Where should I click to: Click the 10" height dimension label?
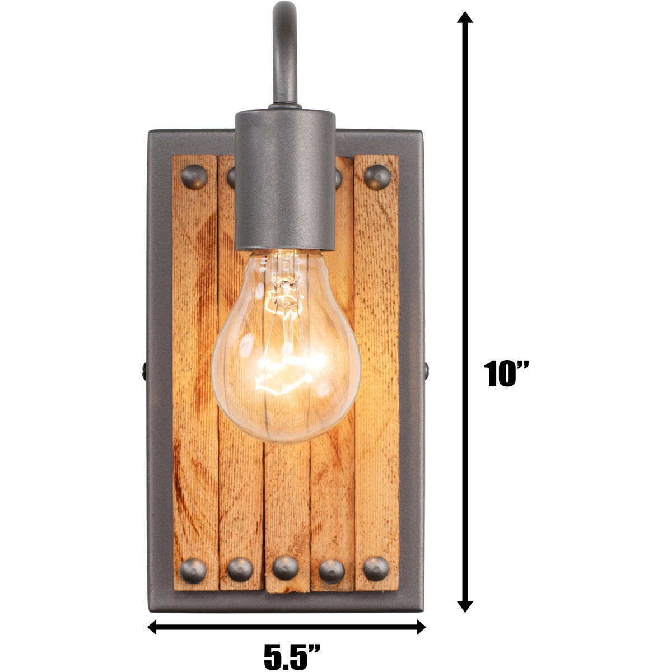point(506,374)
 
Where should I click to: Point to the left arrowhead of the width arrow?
point(153,627)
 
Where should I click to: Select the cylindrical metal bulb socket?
point(284,179)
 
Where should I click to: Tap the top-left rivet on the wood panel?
point(194,177)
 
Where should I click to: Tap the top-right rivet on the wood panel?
point(377,177)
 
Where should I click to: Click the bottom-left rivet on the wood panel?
point(194,570)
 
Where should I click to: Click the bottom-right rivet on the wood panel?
point(376,569)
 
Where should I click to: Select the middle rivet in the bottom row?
point(286,568)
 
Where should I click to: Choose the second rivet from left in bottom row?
point(240,570)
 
